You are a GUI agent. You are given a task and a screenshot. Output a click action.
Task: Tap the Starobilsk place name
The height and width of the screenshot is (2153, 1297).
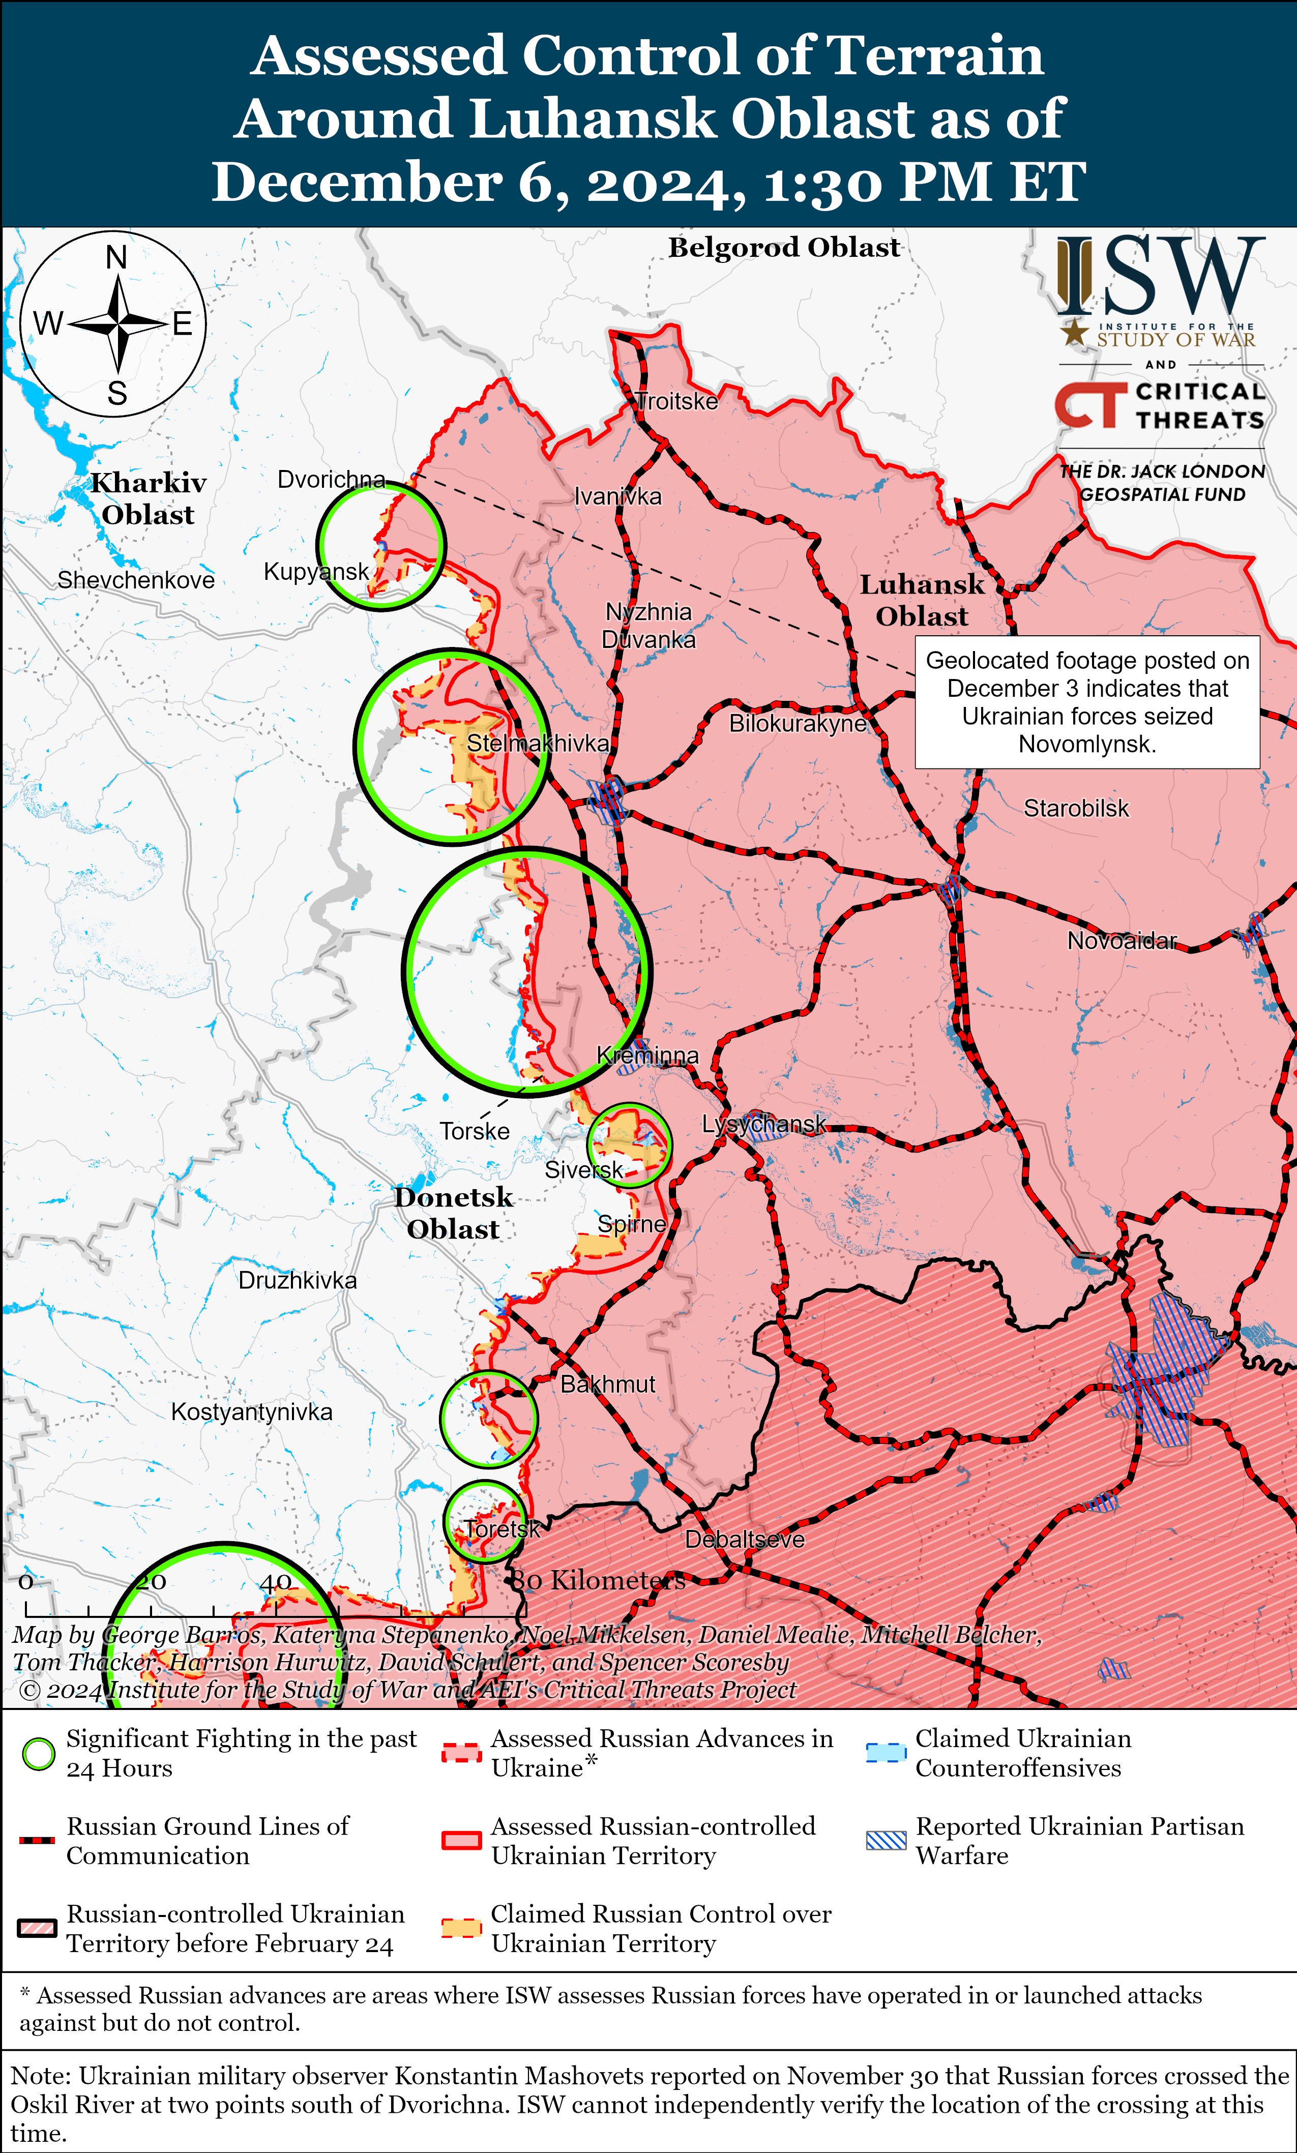pos(1076,808)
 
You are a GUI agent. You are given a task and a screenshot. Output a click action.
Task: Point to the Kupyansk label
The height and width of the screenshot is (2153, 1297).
pos(316,572)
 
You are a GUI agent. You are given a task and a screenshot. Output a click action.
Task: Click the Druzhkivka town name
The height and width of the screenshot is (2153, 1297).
pos(297,1280)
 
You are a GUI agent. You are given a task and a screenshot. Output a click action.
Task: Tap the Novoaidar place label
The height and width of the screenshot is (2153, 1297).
pos(1122,940)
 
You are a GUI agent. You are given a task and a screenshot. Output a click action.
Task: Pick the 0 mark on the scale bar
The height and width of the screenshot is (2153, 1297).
pos(26,1581)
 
